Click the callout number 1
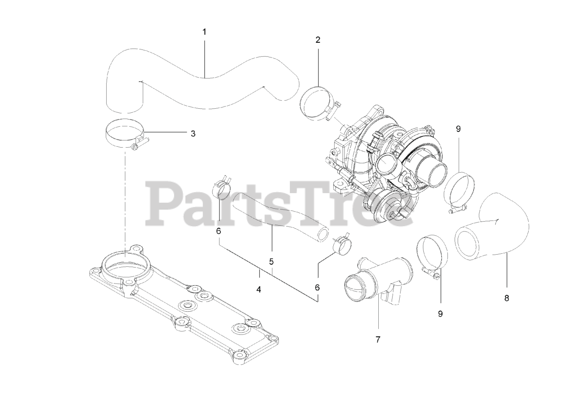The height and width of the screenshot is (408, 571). click(204, 32)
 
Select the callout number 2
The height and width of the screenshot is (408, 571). click(318, 40)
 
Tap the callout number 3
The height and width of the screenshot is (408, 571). click(193, 133)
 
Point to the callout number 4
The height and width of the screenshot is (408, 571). click(259, 289)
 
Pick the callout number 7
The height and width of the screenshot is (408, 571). click(377, 339)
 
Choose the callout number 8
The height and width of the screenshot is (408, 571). click(506, 298)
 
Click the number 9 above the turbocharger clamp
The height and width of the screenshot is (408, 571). click(458, 129)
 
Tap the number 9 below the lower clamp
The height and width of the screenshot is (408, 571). click(440, 313)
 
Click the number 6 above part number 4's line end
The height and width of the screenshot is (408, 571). click(317, 288)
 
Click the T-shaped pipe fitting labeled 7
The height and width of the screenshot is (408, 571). click(379, 281)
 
